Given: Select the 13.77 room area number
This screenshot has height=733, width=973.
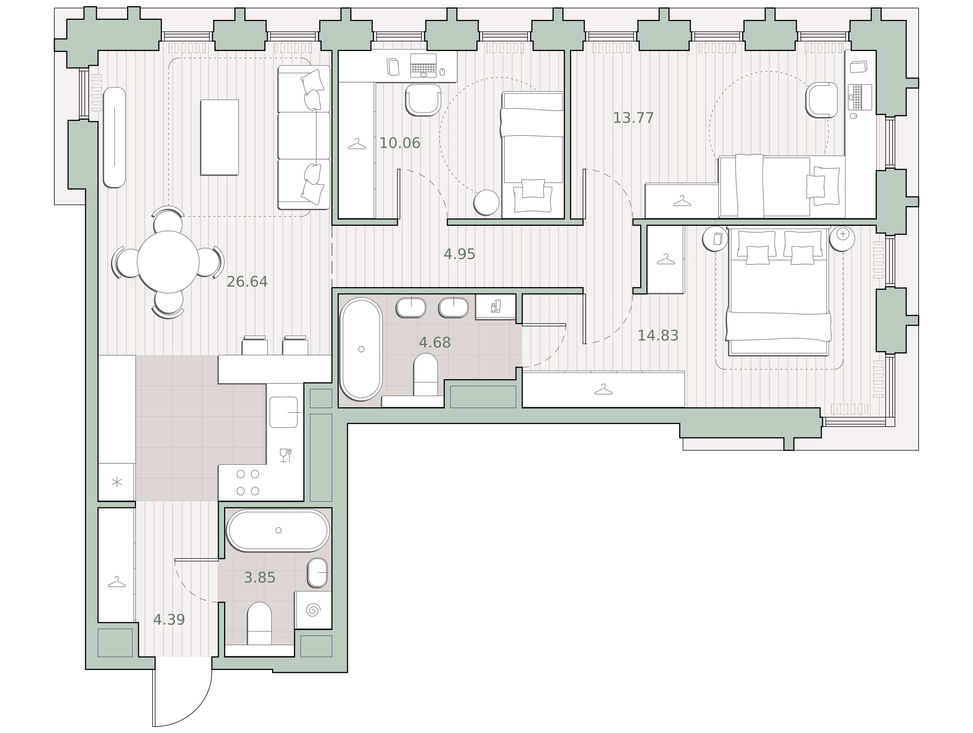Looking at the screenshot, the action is [x=633, y=118].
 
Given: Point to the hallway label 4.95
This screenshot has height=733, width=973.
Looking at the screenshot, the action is [x=459, y=254].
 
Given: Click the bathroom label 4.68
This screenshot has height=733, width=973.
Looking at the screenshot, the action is [x=435, y=342].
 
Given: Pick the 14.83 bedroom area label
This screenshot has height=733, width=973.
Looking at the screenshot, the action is [x=658, y=336].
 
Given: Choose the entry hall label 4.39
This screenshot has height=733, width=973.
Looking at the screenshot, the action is [x=169, y=620].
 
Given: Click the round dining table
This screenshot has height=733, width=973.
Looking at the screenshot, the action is [x=168, y=262].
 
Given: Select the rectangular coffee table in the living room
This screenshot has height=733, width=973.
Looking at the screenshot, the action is [x=219, y=137].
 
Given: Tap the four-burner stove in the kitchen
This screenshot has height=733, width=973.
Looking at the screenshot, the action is [x=248, y=482].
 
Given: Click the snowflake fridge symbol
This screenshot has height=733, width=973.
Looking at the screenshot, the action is [x=117, y=482].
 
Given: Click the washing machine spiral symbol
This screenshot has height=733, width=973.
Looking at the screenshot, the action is [x=313, y=611].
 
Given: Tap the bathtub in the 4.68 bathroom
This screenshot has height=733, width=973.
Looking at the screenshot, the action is [x=361, y=349].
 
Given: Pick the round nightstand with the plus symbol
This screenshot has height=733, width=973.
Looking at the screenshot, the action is [x=842, y=238].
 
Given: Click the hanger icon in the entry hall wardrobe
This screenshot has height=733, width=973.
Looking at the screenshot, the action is [x=117, y=582].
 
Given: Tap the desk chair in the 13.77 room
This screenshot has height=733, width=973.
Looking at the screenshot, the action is [x=821, y=100].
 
